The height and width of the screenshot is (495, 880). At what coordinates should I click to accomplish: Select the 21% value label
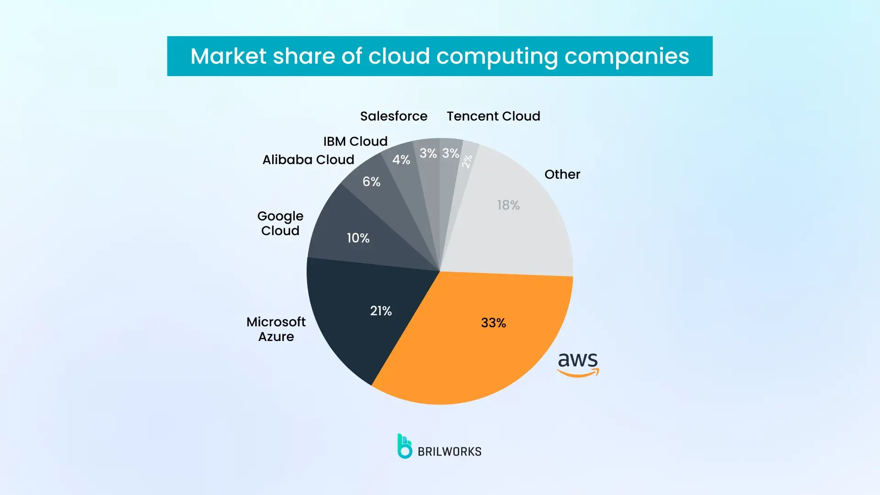381,311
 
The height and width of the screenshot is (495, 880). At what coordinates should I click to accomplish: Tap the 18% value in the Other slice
508,205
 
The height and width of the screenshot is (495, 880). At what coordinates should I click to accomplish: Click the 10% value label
358,238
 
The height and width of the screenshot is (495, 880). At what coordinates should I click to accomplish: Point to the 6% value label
371,182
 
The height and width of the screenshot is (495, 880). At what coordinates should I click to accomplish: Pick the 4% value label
401,160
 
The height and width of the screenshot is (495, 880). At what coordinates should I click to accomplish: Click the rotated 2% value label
467,161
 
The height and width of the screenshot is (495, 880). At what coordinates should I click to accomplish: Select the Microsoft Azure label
276,329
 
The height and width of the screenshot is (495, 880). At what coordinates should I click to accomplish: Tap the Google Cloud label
280,223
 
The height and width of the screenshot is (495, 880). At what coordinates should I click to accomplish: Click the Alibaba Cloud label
308,160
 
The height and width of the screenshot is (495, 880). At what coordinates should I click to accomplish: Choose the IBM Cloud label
355,142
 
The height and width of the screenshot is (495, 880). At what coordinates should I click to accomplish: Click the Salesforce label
393,116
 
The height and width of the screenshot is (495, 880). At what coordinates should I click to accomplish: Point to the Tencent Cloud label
493,116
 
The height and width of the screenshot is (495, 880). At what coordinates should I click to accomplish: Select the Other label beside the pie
562,175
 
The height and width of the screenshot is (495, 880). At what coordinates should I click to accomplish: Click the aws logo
578,364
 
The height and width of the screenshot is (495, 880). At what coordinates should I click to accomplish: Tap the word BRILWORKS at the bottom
449,452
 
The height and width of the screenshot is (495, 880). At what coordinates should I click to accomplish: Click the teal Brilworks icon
404,446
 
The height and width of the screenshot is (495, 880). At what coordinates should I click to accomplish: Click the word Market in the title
228,56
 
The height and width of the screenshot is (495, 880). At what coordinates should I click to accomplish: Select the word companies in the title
627,56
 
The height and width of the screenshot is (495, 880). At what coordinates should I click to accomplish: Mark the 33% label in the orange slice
493,323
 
